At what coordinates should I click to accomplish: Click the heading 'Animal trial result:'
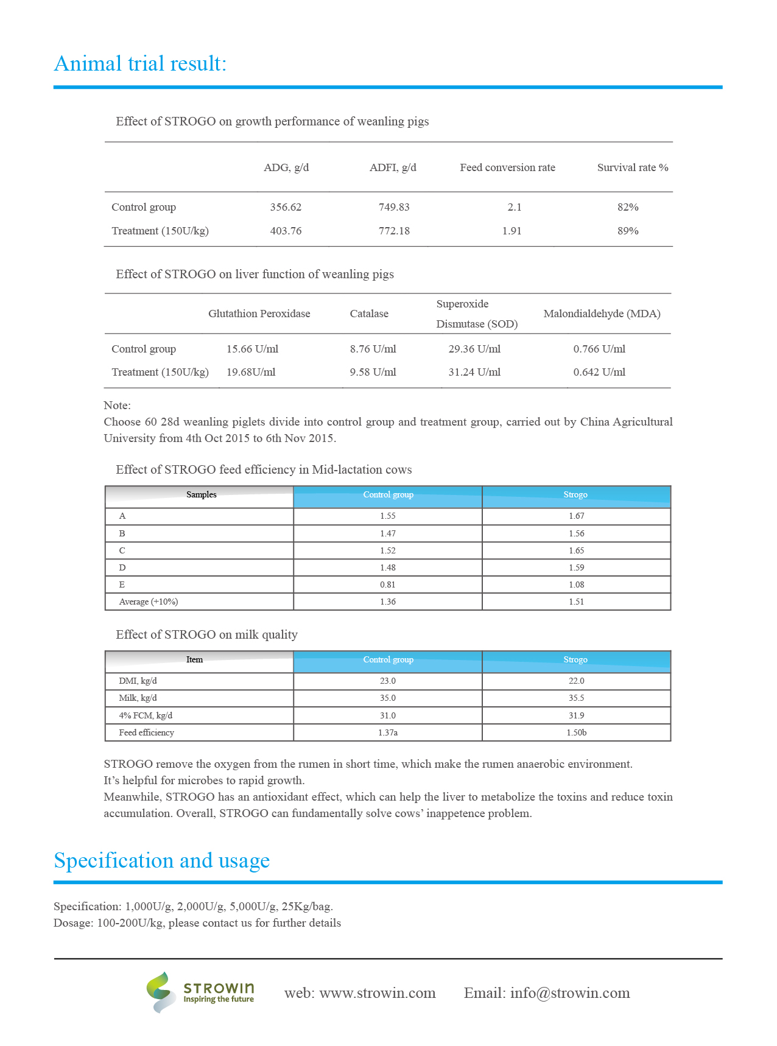[140, 63]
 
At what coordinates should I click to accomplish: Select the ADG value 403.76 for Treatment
[286, 231]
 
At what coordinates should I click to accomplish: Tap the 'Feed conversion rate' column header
[507, 167]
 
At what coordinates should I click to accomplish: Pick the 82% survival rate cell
[628, 207]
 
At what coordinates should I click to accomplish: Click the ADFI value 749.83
[394, 207]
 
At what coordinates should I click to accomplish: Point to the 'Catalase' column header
[369, 314]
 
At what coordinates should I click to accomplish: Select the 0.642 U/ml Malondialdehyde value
[599, 372]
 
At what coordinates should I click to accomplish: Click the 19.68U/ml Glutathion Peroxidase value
[251, 372]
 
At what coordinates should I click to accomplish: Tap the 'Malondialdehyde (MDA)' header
[602, 314]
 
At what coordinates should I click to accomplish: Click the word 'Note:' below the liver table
[117, 405]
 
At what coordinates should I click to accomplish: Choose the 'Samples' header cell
[201, 494]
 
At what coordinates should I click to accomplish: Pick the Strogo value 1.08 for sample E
[576, 584]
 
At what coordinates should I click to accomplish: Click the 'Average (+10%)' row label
[149, 602]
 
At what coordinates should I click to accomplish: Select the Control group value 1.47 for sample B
[388, 533]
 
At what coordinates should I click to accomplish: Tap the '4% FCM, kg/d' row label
[146, 715]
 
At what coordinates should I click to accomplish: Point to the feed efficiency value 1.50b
[576, 732]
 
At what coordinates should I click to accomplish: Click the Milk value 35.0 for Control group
[388, 698]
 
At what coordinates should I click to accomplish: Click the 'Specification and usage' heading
[162, 860]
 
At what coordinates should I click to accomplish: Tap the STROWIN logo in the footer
[200, 992]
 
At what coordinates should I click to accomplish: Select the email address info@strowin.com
[570, 993]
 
